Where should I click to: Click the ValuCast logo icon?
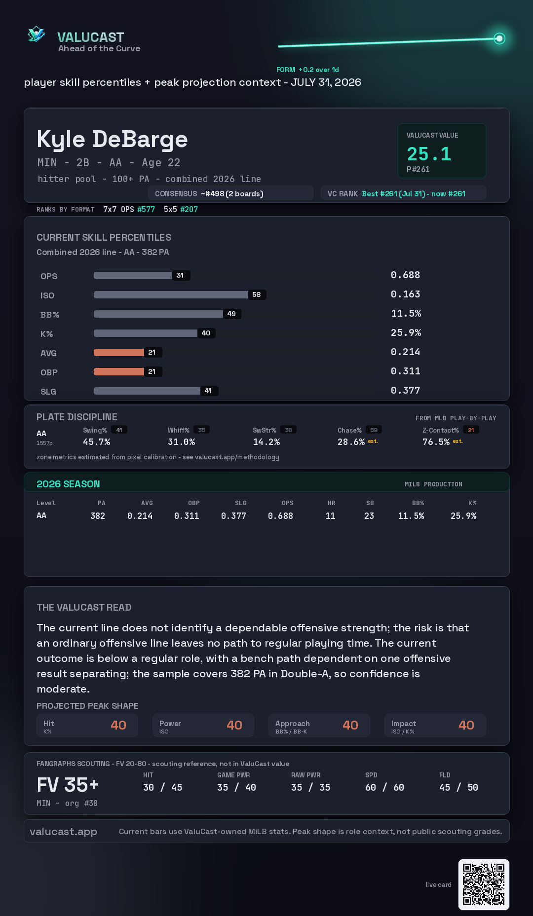click(36, 35)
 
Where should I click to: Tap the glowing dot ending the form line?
click(499, 38)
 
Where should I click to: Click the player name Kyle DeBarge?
click(112, 140)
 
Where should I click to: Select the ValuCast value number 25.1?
click(429, 154)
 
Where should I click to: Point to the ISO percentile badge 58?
click(257, 294)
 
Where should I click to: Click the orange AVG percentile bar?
click(119, 352)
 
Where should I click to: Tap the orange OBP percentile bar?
click(119, 371)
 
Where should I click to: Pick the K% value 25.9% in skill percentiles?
click(406, 333)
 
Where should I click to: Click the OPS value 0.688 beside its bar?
click(405, 275)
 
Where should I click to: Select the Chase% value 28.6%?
click(351, 442)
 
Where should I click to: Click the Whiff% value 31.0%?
click(181, 442)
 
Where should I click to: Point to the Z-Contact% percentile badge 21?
click(471, 430)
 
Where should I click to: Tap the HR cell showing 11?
click(331, 516)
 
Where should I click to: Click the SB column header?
click(370, 503)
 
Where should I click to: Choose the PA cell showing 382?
click(98, 516)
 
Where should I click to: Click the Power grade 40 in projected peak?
click(234, 725)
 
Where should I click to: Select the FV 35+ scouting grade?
click(68, 785)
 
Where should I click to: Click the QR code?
click(484, 884)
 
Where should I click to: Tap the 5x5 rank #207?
click(189, 210)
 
